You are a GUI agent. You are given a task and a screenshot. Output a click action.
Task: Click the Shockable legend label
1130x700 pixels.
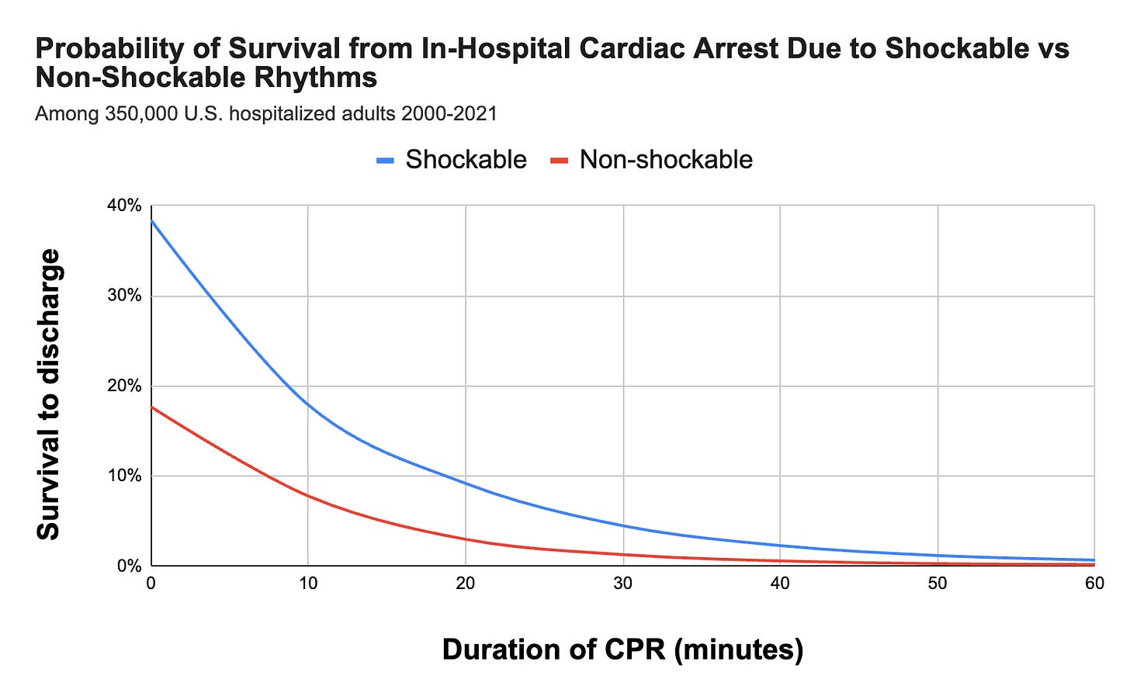tap(466, 160)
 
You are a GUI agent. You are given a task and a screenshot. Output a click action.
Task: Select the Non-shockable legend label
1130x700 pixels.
tap(666, 160)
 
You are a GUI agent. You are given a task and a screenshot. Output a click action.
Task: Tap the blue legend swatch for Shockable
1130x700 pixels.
tap(386, 161)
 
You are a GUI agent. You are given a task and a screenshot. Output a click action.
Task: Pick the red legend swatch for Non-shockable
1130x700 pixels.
tap(560, 161)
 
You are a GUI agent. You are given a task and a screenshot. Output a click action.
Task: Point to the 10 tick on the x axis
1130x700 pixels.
tap(308, 584)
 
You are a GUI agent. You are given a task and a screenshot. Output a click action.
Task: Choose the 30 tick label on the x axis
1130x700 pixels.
tap(622, 584)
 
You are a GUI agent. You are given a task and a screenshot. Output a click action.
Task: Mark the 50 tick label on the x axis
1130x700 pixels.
tap(938, 584)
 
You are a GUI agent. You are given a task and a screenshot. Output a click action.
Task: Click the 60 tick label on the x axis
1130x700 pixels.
tap(1094, 584)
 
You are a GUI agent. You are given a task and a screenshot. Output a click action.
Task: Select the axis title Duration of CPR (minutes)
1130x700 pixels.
tap(622, 649)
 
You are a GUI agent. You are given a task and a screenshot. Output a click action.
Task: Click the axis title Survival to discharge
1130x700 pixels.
tap(49, 394)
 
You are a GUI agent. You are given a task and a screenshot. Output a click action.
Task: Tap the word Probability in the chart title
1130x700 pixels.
tap(101, 49)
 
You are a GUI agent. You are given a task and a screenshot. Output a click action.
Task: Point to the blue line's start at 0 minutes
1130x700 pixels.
tap(152, 220)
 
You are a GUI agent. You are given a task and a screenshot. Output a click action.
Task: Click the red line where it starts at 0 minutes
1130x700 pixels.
tap(152, 407)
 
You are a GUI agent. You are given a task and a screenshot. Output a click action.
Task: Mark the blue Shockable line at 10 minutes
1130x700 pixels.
tap(308, 404)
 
